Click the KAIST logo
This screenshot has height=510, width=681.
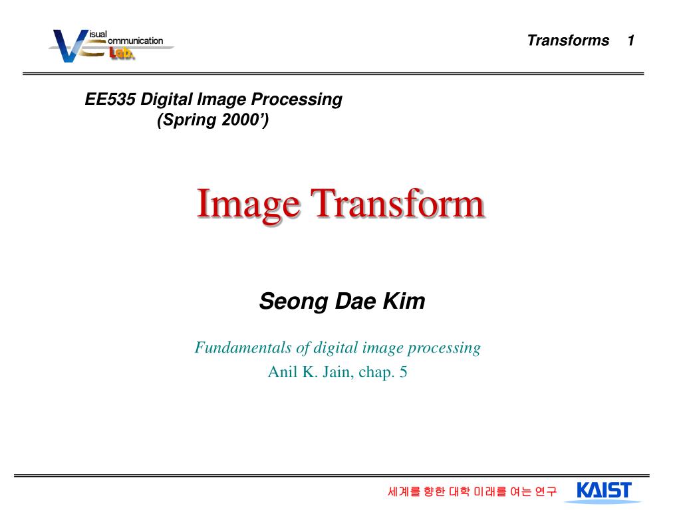604,491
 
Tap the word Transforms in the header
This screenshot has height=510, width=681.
568,41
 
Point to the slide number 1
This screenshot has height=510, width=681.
630,41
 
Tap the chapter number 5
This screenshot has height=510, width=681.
403,372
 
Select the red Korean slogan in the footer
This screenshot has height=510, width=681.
472,492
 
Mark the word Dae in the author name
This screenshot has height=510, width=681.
356,301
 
